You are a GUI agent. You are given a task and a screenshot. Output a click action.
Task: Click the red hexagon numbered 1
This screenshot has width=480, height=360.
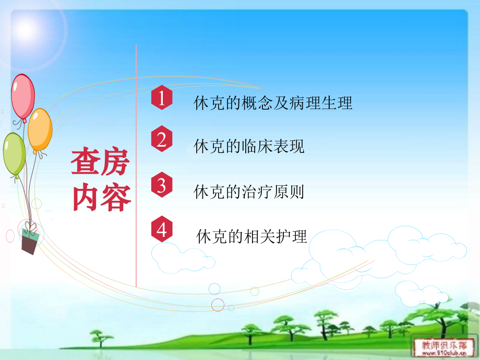(162, 99)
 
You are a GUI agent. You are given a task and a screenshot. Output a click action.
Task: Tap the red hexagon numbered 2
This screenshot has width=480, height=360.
(162, 140)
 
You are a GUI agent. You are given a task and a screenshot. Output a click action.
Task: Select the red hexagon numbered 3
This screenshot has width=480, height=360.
(162, 185)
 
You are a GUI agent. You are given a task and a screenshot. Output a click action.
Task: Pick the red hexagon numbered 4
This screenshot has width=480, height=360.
(162, 230)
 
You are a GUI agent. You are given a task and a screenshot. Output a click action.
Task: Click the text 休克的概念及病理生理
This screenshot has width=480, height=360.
(273, 103)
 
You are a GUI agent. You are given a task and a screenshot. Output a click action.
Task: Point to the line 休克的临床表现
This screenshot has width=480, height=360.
(249, 147)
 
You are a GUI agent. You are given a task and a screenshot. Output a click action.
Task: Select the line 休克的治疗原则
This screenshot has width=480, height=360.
(249, 192)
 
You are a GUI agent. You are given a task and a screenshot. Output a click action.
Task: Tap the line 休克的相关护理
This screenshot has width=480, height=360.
(252, 237)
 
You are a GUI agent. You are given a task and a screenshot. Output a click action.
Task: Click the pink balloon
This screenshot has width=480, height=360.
(23, 96)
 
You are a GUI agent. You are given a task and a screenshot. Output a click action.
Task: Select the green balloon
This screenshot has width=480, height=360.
(14, 154)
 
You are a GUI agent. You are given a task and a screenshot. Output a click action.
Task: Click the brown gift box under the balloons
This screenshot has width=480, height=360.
(30, 241)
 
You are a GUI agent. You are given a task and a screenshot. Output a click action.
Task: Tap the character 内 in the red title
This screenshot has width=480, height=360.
(86, 197)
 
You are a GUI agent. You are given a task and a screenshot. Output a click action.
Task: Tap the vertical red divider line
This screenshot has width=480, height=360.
(136, 167)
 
